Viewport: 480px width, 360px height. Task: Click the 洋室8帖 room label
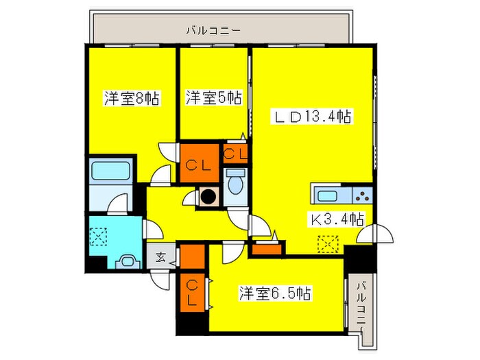tap(132, 99)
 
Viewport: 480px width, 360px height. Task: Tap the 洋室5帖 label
tap(213, 99)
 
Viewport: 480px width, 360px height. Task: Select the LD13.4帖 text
tap(313, 117)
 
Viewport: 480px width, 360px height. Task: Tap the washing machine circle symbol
tap(208, 197)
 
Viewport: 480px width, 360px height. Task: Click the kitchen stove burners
tap(361, 195)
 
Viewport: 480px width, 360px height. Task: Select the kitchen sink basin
tap(324, 195)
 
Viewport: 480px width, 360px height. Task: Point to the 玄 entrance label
tap(159, 258)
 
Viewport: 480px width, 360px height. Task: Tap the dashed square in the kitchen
tap(328, 243)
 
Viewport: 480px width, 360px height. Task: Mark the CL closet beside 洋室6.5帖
tap(193, 290)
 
